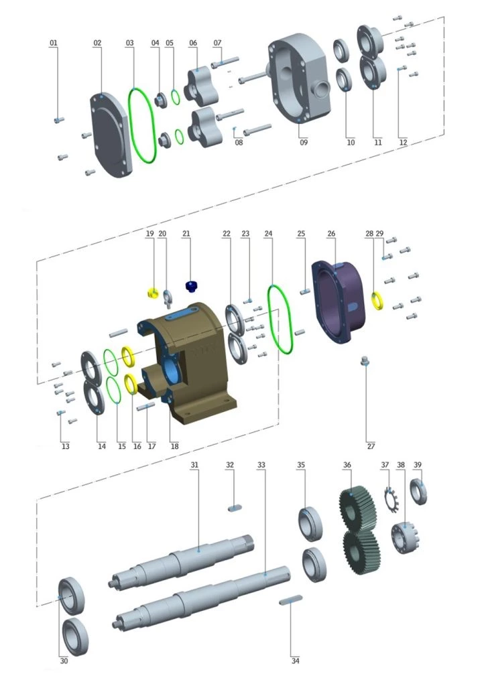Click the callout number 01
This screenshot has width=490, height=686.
54,43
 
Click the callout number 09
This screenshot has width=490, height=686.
304,142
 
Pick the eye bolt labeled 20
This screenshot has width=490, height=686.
168,293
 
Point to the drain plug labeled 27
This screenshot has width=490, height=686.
366,362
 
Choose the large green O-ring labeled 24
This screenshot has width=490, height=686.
282,318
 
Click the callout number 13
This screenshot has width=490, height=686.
65,445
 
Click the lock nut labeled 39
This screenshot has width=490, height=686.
419,492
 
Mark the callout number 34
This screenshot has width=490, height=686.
296,661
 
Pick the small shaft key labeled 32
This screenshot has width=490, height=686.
234,508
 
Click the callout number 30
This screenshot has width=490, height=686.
64,661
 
